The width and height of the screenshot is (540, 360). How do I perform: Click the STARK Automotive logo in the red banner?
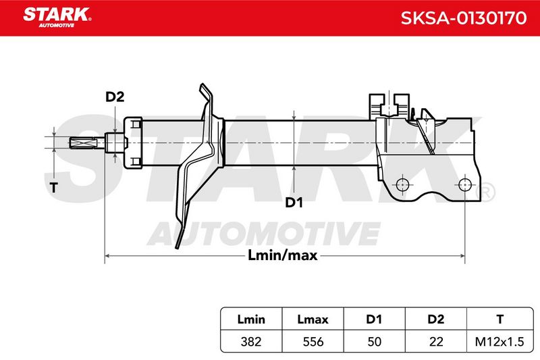click(x=57, y=18)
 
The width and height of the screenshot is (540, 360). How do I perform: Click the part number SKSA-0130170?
click(x=464, y=18)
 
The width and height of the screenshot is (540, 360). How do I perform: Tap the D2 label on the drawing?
click(x=115, y=97)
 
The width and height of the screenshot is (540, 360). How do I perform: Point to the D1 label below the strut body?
click(x=294, y=203)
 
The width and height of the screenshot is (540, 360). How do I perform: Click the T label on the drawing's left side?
click(x=53, y=188)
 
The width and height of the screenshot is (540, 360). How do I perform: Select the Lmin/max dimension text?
click(x=282, y=255)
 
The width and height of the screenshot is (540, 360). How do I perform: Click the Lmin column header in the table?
click(x=251, y=319)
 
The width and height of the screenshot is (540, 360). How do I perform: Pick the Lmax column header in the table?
click(x=313, y=319)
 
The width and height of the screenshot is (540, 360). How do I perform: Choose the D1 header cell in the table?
click(x=374, y=319)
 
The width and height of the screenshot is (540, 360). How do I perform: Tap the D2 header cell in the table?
click(x=435, y=319)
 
